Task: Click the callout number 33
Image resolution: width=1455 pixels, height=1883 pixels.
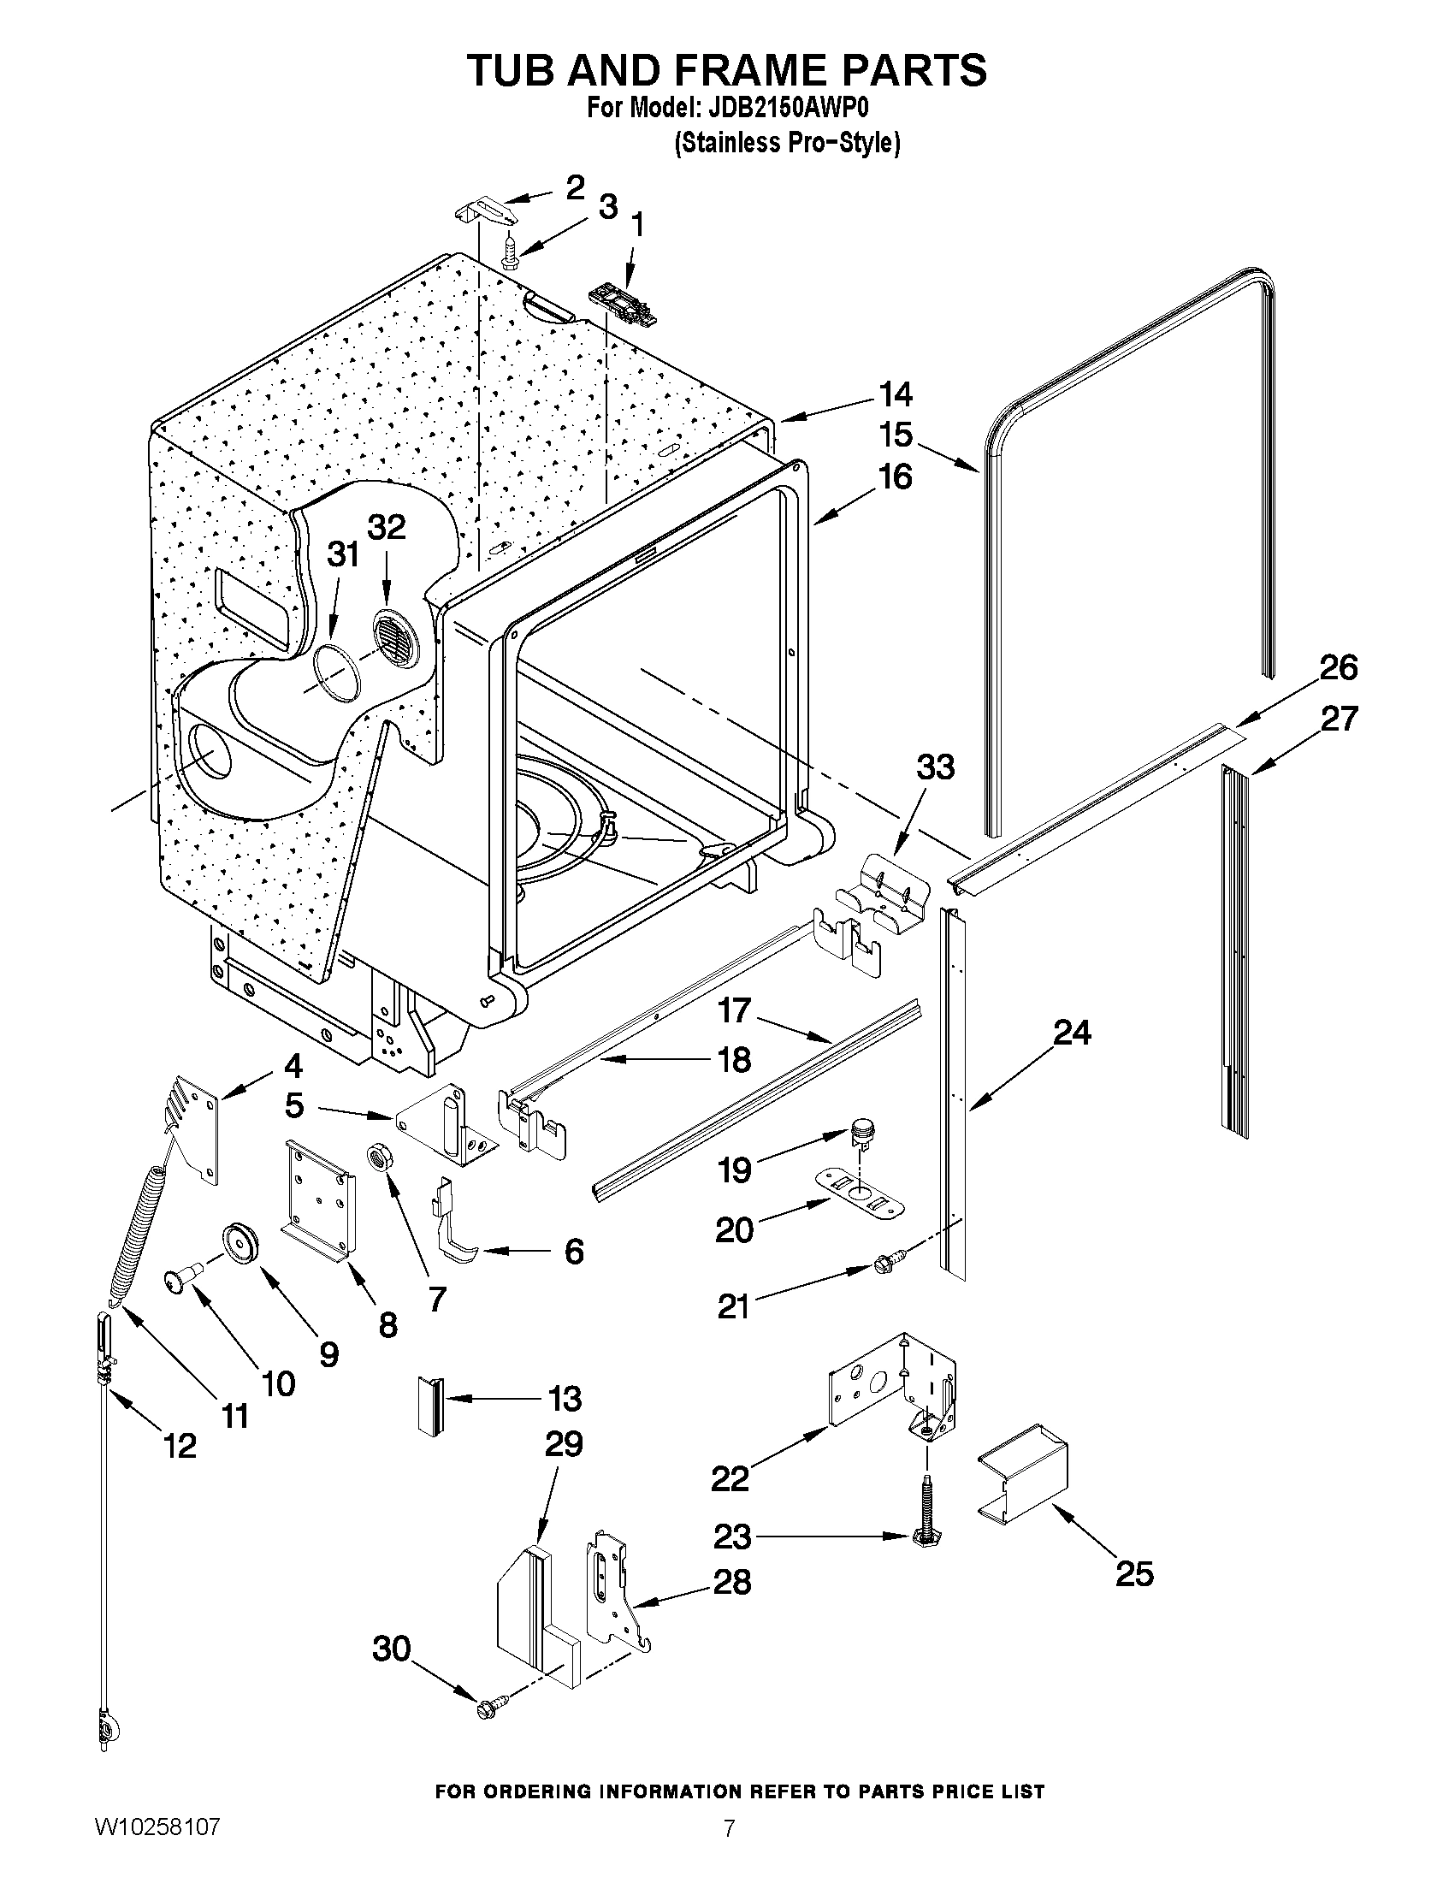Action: [935, 767]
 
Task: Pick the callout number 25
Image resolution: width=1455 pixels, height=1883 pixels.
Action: [1133, 1573]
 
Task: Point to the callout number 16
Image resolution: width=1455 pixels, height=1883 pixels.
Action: [896, 477]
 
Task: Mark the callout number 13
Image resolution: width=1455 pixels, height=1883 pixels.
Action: [565, 1398]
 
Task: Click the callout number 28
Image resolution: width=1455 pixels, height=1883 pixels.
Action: [732, 1581]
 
